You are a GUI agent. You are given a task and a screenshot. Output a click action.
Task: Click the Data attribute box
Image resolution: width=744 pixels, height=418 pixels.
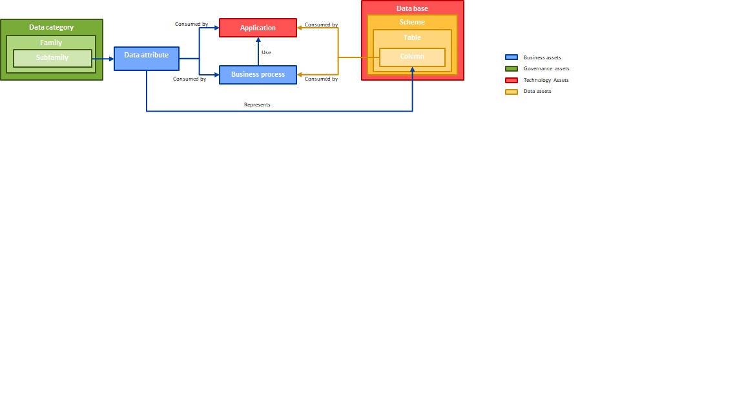[147, 59]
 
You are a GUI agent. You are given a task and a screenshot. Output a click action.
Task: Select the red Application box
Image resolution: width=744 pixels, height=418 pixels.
[258, 28]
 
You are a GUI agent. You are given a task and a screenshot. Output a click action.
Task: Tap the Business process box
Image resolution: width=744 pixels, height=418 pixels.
[258, 75]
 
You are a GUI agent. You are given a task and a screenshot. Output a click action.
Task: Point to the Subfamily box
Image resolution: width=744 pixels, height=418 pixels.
[53, 58]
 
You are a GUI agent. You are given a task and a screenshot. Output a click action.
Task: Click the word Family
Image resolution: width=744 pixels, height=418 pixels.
[51, 43]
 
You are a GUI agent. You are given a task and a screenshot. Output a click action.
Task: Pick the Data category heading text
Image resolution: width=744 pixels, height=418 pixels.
[51, 27]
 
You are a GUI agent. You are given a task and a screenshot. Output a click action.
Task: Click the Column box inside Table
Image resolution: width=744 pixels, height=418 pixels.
[412, 57]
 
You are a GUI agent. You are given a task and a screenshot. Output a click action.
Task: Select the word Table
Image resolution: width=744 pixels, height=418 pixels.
[412, 37]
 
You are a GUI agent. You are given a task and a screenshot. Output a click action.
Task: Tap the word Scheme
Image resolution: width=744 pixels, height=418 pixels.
[412, 23]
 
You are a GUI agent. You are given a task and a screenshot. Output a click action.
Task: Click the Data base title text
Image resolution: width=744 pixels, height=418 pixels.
[412, 8]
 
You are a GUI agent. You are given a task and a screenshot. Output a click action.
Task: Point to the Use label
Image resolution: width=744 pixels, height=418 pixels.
[266, 53]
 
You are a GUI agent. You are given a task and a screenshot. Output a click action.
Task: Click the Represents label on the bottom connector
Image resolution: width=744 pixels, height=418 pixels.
[257, 104]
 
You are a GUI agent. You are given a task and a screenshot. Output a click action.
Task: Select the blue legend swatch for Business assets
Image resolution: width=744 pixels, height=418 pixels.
[512, 57]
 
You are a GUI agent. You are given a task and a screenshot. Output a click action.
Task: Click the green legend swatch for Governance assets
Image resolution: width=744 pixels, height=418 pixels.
[512, 69]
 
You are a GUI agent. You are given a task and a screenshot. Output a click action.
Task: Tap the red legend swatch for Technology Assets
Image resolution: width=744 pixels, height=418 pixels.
[512, 80]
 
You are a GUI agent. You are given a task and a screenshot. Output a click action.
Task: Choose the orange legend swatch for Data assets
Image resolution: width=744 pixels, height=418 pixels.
[512, 92]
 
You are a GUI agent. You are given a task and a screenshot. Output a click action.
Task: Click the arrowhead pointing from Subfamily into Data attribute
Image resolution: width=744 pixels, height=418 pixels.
[112, 59]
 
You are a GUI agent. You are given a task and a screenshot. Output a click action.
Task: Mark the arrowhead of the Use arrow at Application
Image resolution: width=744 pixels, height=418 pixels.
[258, 40]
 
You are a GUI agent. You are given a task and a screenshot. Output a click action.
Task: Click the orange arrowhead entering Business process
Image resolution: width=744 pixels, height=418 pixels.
[300, 75]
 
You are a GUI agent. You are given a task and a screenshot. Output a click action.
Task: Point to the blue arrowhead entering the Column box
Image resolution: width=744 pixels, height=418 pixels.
[412, 70]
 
